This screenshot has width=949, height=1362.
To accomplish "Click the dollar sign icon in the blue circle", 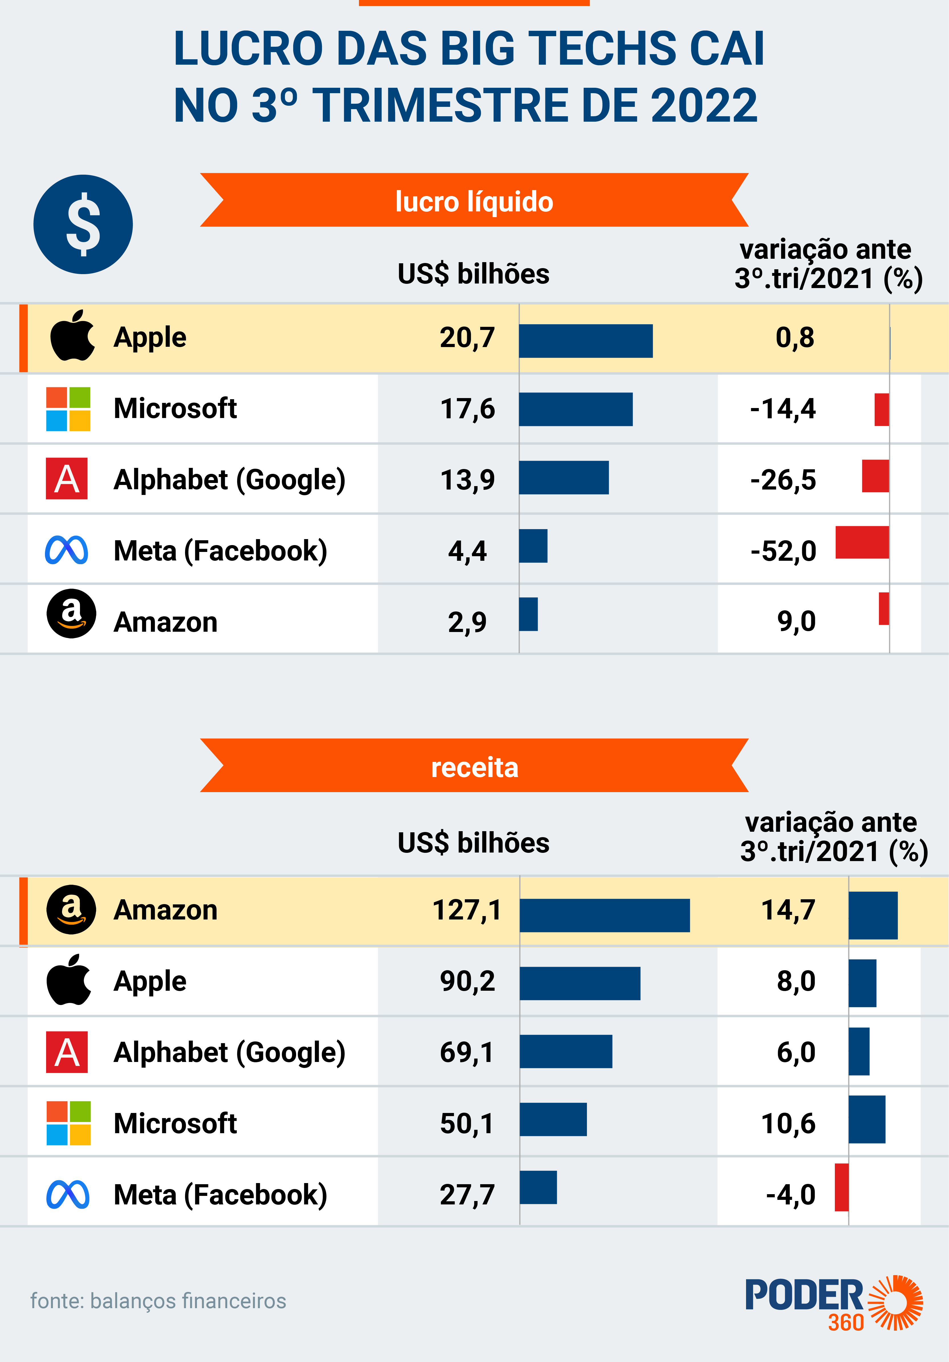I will (83, 224).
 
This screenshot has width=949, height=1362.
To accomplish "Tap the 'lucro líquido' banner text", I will (474, 202).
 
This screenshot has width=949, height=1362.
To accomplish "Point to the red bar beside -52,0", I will (862, 542).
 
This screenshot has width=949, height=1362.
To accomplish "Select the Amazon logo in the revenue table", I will (71, 910).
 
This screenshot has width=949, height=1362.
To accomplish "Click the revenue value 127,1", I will (467, 910).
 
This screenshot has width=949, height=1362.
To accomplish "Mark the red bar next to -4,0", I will (842, 1187).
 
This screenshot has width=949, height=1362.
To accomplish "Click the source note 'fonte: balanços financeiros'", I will (158, 1301).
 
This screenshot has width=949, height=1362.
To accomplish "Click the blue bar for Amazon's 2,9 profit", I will (528, 614).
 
